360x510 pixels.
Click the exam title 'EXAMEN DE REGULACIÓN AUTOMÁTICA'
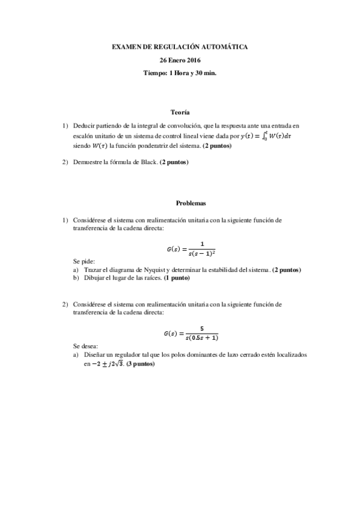point(180,46)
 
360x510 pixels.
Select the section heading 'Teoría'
point(180,112)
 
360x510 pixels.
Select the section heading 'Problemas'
point(180,203)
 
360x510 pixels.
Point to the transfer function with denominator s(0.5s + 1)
point(191,333)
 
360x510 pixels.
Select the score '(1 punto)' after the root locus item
point(177,278)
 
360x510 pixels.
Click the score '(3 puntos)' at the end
point(141,364)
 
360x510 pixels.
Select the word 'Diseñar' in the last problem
point(94,355)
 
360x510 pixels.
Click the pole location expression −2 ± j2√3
point(104,364)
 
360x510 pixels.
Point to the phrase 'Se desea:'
point(85,346)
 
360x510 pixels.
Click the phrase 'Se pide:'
point(84,261)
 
